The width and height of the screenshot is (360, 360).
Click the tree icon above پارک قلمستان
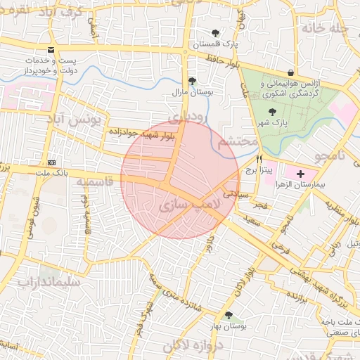[215, 32]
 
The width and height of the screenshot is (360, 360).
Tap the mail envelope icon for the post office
[51, 50]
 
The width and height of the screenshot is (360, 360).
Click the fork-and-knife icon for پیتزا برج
[260, 159]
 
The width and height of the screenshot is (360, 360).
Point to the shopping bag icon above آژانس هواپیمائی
[290, 72]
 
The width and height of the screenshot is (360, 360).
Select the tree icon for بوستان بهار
[229, 315]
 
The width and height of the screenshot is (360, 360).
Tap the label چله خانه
[327, 28]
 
